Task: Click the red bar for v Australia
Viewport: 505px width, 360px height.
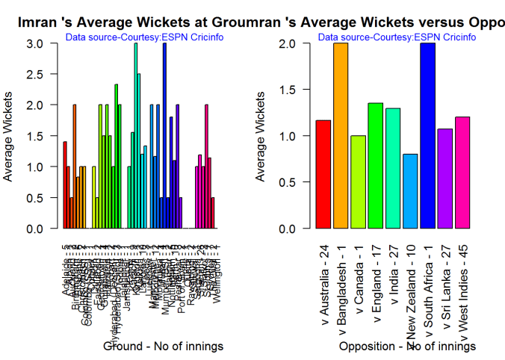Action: tap(323, 175)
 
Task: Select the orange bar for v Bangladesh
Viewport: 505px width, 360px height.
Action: tap(341, 136)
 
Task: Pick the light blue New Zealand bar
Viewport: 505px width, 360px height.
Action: tap(410, 191)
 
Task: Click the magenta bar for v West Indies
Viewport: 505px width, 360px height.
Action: tap(462, 173)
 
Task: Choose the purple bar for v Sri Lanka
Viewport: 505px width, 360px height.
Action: tap(445, 179)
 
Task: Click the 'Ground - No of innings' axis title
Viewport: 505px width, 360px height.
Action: tap(162, 347)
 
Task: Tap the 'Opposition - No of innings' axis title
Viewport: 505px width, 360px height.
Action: tap(406, 347)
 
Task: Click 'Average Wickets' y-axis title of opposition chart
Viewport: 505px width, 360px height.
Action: tap(261, 136)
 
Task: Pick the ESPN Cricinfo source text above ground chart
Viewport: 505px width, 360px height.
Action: tap(145, 37)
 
